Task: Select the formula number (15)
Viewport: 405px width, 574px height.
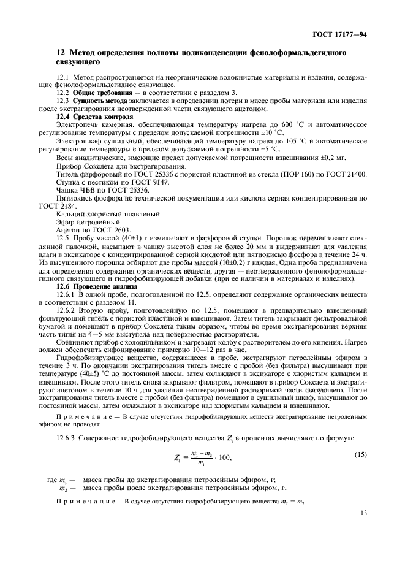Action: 360,454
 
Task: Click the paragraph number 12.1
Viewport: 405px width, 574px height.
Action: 64,77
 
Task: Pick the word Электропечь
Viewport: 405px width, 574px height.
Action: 77,124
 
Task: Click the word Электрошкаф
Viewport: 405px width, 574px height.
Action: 78,141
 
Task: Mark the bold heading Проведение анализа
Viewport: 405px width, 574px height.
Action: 102,286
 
